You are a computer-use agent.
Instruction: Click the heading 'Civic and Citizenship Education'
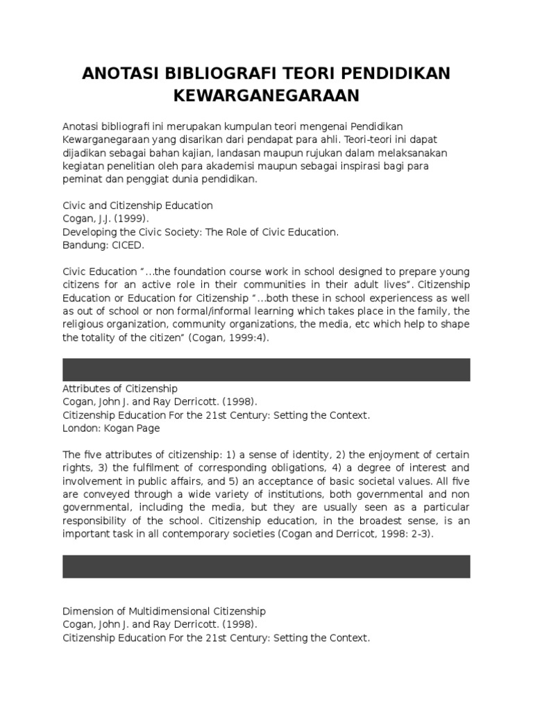tap(137, 206)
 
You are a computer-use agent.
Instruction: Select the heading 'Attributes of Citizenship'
tap(120, 389)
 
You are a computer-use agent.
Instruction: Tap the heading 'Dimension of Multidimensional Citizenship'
tap(164, 611)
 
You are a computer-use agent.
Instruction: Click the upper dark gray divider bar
tap(266, 369)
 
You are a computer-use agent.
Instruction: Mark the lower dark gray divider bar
tap(266, 567)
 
